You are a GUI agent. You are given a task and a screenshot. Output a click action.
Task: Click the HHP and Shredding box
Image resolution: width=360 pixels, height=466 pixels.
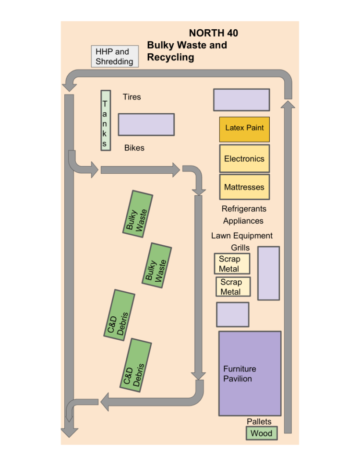click(x=115, y=57)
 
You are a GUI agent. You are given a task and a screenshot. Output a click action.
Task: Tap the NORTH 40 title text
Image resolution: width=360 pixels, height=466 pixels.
click(x=213, y=33)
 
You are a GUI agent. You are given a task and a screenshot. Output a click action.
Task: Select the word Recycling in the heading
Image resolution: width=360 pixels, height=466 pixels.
click(x=170, y=58)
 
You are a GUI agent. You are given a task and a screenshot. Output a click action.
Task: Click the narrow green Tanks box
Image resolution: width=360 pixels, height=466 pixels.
click(x=106, y=120)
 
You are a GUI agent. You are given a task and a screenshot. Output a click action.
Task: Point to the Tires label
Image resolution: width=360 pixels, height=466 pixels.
click(x=132, y=97)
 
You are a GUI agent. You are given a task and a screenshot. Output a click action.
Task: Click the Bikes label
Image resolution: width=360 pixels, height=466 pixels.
click(x=134, y=148)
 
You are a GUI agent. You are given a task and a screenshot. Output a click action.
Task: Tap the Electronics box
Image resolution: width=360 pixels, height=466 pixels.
click(x=244, y=158)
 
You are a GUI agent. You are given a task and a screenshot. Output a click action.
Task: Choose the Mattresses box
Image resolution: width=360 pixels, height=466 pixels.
click(x=244, y=187)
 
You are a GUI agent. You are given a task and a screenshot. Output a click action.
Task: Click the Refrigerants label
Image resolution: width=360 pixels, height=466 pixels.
click(x=244, y=209)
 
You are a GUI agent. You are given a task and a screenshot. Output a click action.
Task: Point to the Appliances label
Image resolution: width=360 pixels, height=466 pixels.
click(x=243, y=221)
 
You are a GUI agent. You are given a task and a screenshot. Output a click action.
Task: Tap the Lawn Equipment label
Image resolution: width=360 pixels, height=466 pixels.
click(x=242, y=236)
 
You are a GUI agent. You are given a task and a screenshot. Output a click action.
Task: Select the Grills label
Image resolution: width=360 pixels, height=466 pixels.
click(x=240, y=248)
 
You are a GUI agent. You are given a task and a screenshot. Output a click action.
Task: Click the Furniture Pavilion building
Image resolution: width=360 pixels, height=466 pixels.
click(x=250, y=373)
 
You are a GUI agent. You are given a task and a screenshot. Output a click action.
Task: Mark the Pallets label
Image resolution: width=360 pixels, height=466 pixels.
click(x=259, y=421)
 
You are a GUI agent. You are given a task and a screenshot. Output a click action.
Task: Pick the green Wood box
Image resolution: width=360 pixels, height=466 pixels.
click(x=262, y=433)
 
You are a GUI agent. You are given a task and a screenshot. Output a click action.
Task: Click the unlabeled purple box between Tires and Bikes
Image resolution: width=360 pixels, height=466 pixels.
click(x=146, y=124)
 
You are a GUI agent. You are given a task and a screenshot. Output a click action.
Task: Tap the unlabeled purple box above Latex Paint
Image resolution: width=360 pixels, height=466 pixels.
click(x=241, y=100)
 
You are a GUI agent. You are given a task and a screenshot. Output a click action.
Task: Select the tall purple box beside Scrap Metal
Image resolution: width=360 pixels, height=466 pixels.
click(x=268, y=273)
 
